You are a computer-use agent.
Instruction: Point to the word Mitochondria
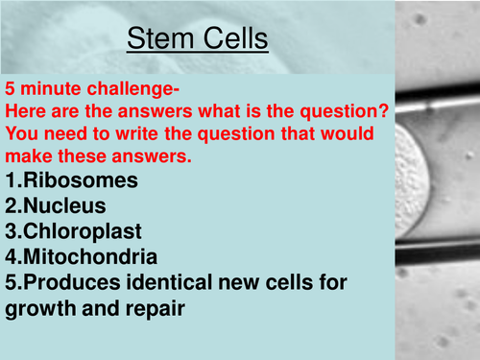coord(89,257)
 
